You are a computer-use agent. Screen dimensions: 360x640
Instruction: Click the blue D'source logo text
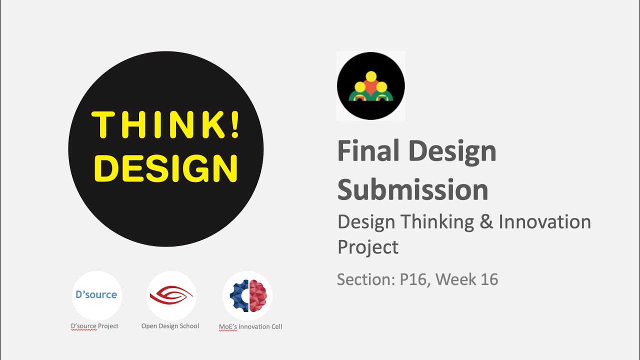pyautogui.click(x=96, y=294)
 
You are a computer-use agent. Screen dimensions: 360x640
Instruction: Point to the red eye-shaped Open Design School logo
pyautogui.click(x=171, y=295)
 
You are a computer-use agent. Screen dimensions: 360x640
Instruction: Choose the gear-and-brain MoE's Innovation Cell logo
pyautogui.click(x=248, y=296)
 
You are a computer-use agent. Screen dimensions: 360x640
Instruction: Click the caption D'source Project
pyautogui.click(x=94, y=326)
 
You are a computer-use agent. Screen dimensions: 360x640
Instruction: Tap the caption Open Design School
pyautogui.click(x=170, y=326)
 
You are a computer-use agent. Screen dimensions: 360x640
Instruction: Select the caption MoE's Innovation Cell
pyautogui.click(x=250, y=326)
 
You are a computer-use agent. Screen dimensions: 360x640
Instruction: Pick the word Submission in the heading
pyautogui.click(x=412, y=190)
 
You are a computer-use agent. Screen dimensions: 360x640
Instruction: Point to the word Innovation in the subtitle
pyautogui.click(x=544, y=222)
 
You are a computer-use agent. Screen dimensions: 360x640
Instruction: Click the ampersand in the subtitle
pyautogui.click(x=486, y=222)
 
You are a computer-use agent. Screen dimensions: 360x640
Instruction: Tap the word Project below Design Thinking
pyautogui.click(x=368, y=247)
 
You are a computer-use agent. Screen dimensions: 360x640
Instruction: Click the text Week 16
pyautogui.click(x=467, y=279)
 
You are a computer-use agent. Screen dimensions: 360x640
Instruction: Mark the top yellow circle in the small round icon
pyautogui.click(x=370, y=76)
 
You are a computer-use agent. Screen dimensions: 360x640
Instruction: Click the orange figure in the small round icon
pyautogui.click(x=370, y=88)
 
